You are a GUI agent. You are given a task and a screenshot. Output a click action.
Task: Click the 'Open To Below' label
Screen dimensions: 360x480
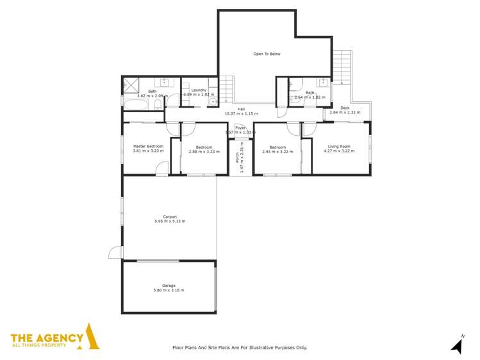click(267, 54)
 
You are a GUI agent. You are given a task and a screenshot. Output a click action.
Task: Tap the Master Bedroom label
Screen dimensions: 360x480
click(148, 146)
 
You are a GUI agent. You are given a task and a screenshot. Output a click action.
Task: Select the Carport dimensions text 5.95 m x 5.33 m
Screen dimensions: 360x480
click(170, 221)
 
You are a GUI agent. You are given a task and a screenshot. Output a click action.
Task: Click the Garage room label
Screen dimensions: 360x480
click(169, 286)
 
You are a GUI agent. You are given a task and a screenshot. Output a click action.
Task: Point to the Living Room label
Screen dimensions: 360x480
click(340, 146)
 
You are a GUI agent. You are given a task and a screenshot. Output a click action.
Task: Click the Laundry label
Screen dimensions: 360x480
click(198, 90)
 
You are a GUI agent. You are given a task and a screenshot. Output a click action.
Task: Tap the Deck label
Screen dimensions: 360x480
click(345, 108)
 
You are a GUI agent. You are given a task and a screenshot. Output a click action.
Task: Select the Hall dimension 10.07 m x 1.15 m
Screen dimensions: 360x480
click(241, 114)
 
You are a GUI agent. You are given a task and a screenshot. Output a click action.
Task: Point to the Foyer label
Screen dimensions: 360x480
click(240, 127)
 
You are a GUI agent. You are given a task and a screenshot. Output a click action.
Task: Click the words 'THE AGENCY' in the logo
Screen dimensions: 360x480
click(47, 338)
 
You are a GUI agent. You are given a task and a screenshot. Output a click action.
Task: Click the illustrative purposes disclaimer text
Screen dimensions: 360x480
click(240, 347)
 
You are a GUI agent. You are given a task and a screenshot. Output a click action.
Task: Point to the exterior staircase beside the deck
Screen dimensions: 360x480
click(343, 67)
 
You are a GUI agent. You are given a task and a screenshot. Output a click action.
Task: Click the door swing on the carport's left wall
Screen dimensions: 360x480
click(115, 252)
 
